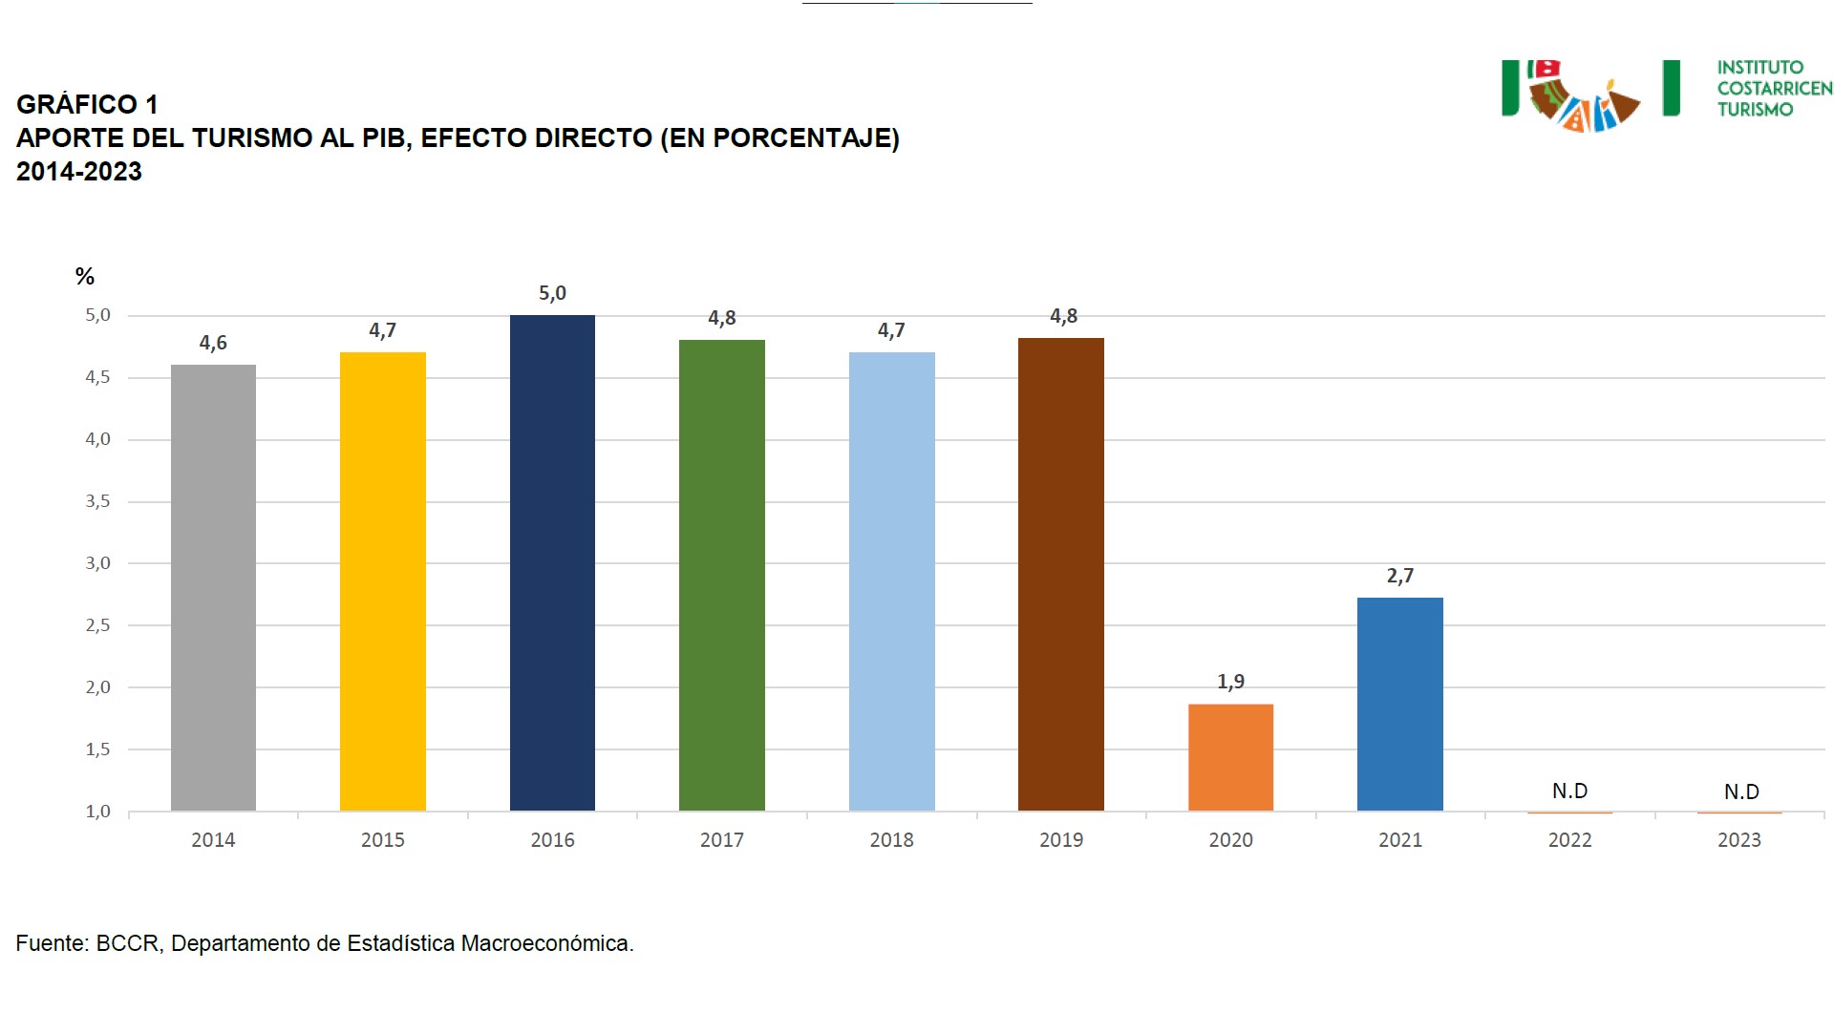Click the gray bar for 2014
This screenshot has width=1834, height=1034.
pos(213,587)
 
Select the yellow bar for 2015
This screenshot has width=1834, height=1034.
pos(382,581)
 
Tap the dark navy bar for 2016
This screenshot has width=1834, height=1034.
pos(552,563)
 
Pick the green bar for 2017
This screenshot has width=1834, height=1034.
pos(721,575)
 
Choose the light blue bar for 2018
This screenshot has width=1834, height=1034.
pos(891,581)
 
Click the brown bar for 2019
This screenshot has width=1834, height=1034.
pos(1060,574)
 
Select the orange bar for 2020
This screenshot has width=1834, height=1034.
pos(1230,757)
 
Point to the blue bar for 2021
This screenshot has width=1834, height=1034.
pos(1399,704)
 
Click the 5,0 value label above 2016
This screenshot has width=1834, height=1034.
pos(552,293)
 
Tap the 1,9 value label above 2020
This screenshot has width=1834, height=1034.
pos(1230,682)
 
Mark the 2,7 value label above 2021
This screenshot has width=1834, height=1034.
pos(1399,576)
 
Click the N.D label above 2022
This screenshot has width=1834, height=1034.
pos(1569,791)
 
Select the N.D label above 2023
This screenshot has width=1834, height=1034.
pos(1740,791)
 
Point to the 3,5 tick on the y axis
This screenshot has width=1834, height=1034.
pos(98,501)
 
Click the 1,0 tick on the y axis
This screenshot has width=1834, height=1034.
pos(98,812)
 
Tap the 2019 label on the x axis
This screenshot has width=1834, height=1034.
pos(1060,840)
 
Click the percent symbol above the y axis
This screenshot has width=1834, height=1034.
pos(85,277)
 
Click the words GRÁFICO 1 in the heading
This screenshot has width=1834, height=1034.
pos(87,104)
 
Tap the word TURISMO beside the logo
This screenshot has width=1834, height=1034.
pos(1755,110)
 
